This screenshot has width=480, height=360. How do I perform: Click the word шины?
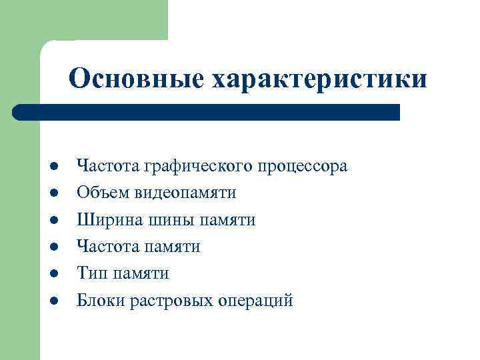click(165, 219)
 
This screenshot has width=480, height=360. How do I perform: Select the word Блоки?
click(99, 300)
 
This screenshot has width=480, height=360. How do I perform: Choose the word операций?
click(255, 300)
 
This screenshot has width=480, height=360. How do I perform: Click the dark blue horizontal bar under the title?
click(207, 111)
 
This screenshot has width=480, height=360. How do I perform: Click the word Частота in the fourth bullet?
click(106, 247)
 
